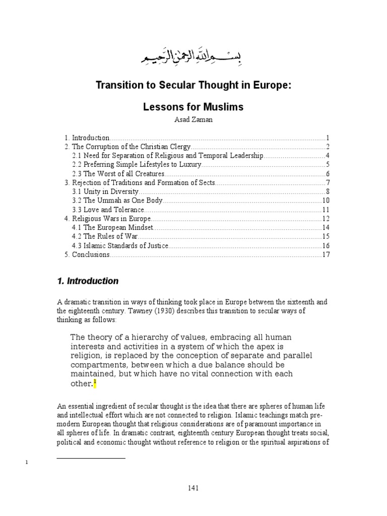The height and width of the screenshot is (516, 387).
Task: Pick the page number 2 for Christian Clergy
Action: point(327,147)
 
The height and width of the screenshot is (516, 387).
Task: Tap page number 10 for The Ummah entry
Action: point(326,201)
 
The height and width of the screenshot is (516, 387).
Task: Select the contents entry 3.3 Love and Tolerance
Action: point(108,210)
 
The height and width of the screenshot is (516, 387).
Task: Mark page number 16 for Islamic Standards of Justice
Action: point(326,245)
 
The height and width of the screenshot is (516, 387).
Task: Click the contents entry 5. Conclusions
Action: point(87,254)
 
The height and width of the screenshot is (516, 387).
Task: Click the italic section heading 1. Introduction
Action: point(88,281)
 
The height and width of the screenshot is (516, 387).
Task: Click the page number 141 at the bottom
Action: point(193,488)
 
